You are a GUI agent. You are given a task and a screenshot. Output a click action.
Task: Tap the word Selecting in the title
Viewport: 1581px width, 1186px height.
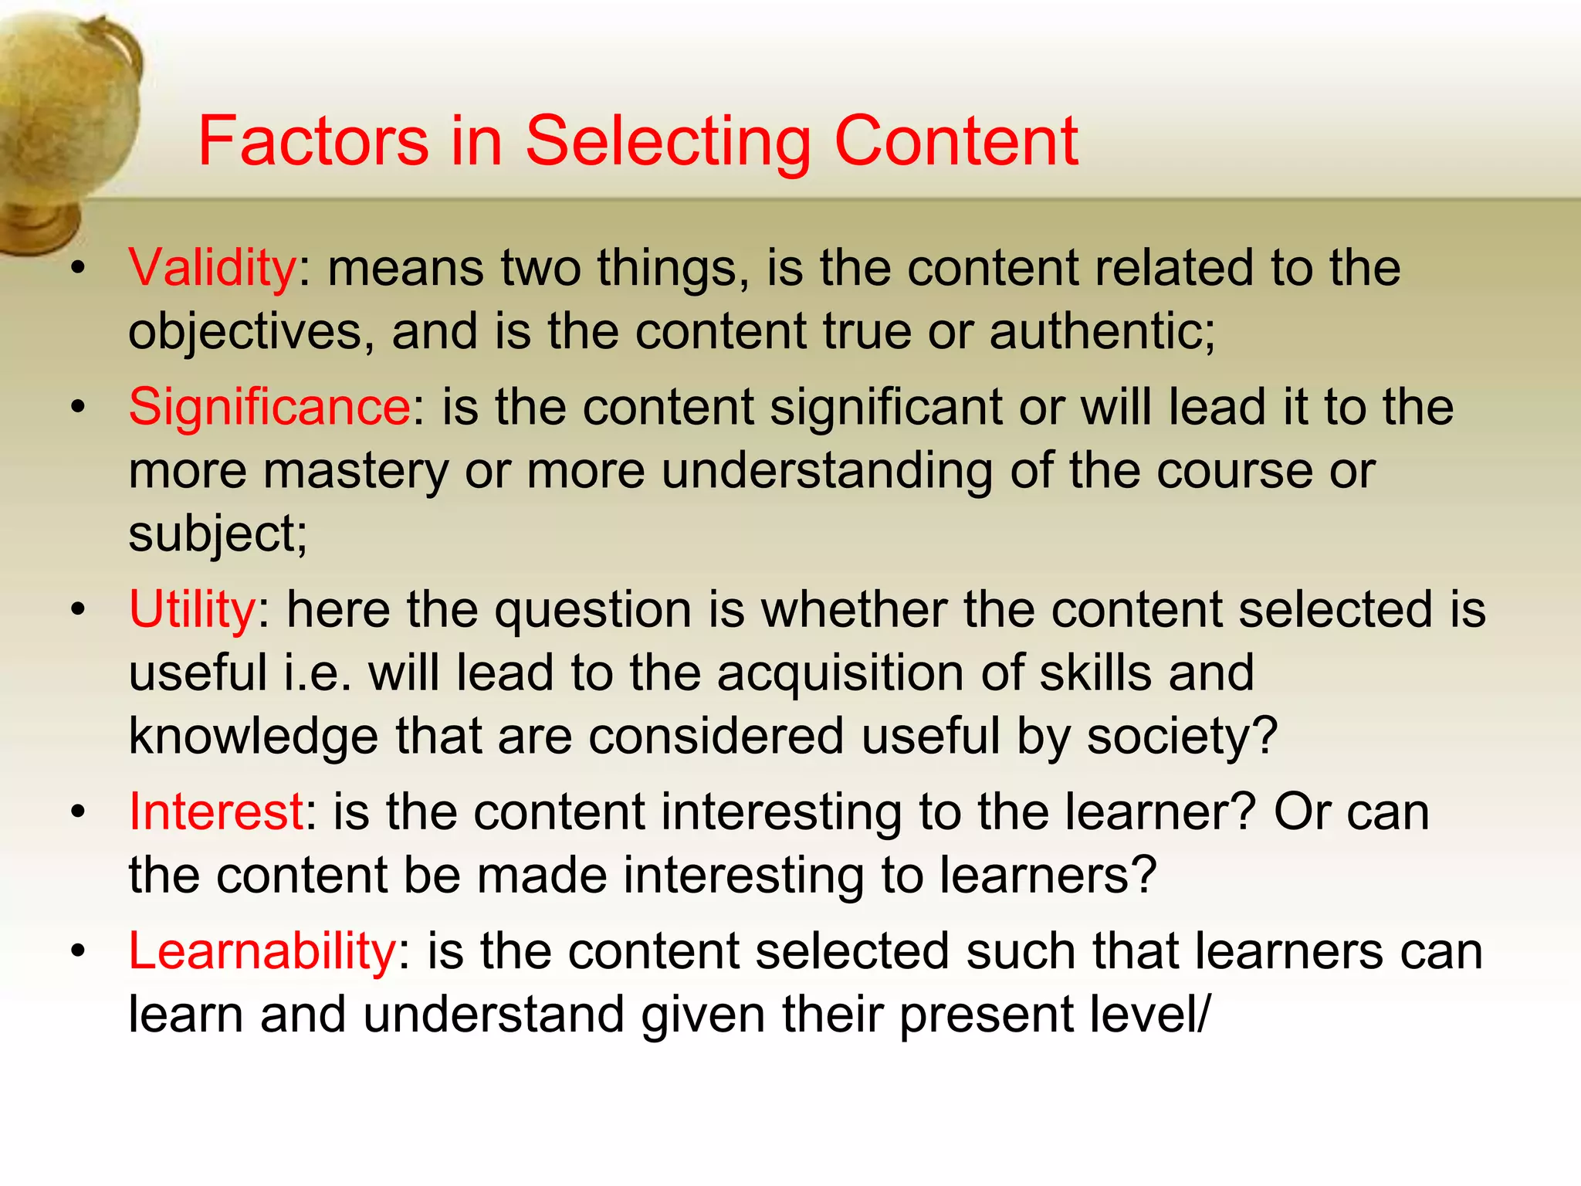(668, 143)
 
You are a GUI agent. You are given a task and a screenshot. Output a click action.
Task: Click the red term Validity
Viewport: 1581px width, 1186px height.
(212, 268)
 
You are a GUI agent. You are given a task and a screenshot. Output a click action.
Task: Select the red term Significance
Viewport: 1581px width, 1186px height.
(269, 407)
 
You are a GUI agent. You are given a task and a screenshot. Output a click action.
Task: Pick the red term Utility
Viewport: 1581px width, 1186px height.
(192, 609)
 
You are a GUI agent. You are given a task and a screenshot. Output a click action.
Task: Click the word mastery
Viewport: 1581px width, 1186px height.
(355, 471)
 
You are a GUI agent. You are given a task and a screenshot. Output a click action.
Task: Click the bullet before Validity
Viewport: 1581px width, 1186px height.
(77, 269)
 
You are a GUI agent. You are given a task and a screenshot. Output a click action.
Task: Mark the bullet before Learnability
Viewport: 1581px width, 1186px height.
(77, 952)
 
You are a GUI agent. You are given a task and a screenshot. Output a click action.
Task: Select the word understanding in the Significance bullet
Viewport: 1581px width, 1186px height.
(826, 471)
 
